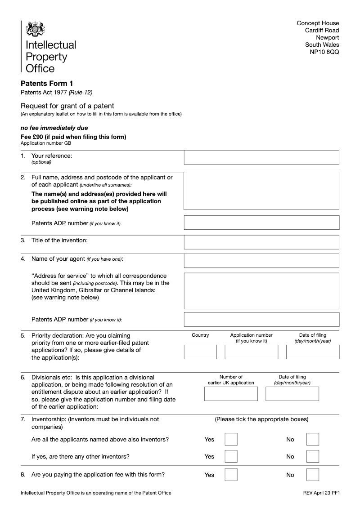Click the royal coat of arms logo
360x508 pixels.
35,29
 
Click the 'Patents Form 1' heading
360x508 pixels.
47,83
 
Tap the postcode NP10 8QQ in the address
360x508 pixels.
324,52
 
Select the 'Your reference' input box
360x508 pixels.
261,157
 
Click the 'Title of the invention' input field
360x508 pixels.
261,242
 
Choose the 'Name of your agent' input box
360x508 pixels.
261,260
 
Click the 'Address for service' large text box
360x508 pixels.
261,290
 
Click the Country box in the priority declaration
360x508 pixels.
200,352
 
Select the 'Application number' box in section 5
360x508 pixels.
252,352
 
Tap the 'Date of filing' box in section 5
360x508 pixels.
313,352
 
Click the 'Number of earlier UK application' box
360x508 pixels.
231,394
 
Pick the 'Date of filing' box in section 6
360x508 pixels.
292,394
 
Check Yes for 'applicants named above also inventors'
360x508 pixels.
231,439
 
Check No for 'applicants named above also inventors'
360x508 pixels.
313,439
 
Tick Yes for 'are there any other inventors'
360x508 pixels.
231,456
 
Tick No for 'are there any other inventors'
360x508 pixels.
313,456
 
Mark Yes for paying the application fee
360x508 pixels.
231,475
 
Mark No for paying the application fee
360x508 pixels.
313,475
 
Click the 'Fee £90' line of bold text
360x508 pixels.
73,137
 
